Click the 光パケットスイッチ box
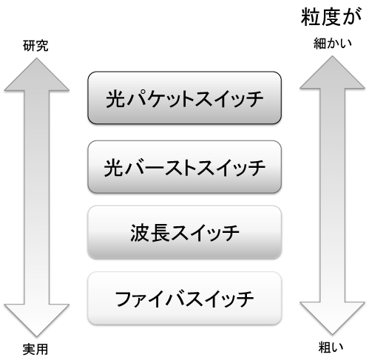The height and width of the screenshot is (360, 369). (x=184, y=98)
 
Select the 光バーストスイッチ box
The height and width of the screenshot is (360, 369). (x=184, y=167)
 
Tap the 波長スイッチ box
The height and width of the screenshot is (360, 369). (x=184, y=232)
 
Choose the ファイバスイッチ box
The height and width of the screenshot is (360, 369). (x=184, y=298)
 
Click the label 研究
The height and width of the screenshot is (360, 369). (x=35, y=46)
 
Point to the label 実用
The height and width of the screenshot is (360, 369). (x=35, y=349)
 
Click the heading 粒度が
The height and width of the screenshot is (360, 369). (x=331, y=17)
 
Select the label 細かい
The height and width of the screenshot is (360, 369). (x=333, y=44)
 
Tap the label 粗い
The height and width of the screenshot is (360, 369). (x=331, y=347)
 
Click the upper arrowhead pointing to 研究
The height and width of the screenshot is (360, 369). (x=36, y=74)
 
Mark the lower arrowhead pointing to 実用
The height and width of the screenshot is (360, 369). (x=36, y=320)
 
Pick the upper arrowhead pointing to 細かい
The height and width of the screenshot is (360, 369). (x=332, y=72)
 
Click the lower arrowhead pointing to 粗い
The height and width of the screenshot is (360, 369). (x=332, y=319)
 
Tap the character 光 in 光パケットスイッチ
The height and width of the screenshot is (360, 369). (x=115, y=99)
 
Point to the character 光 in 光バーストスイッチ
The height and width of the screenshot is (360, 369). (x=113, y=168)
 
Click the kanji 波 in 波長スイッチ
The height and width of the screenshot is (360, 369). (x=140, y=233)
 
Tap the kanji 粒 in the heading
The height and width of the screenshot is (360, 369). (x=311, y=17)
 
